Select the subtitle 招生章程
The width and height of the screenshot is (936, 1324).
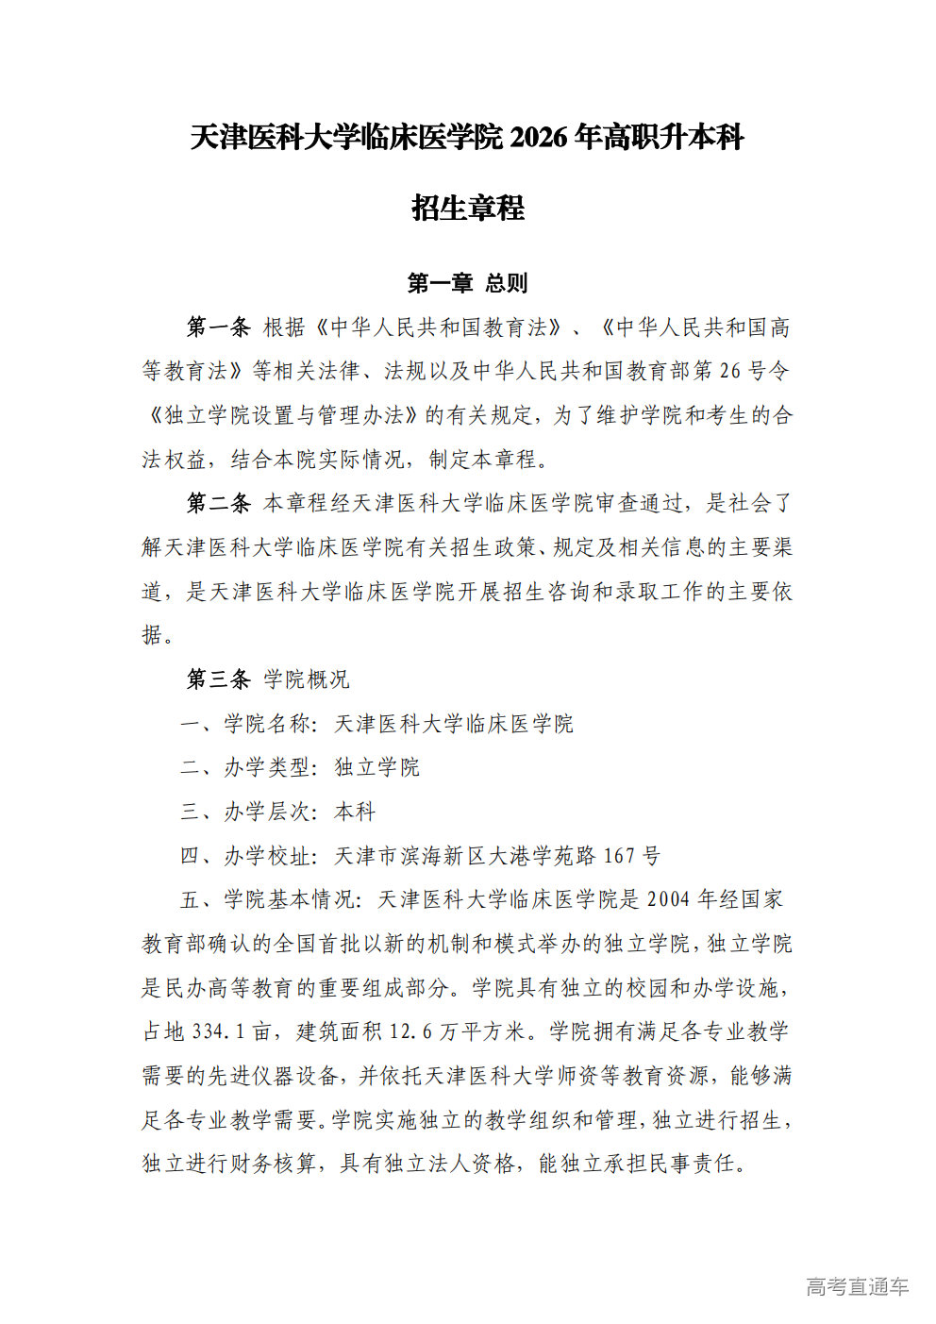[468, 208]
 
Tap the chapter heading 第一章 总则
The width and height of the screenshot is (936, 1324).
[468, 283]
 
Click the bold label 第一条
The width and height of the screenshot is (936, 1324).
[218, 327]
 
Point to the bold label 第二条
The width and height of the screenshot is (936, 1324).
[218, 503]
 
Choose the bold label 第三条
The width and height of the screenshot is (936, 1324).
[218, 679]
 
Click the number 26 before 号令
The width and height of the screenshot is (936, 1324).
[730, 371]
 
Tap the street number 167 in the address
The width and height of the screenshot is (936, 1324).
[619, 856]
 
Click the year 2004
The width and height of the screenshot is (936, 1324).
[668, 899]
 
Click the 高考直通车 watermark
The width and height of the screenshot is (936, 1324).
[858, 1286]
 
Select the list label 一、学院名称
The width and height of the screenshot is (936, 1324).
[246, 724]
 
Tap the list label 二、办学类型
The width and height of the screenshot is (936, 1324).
[246, 767]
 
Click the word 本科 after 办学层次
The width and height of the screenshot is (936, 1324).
[355, 812]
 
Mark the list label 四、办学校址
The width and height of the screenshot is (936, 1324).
[246, 856]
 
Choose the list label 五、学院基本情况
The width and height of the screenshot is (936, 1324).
[268, 899]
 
